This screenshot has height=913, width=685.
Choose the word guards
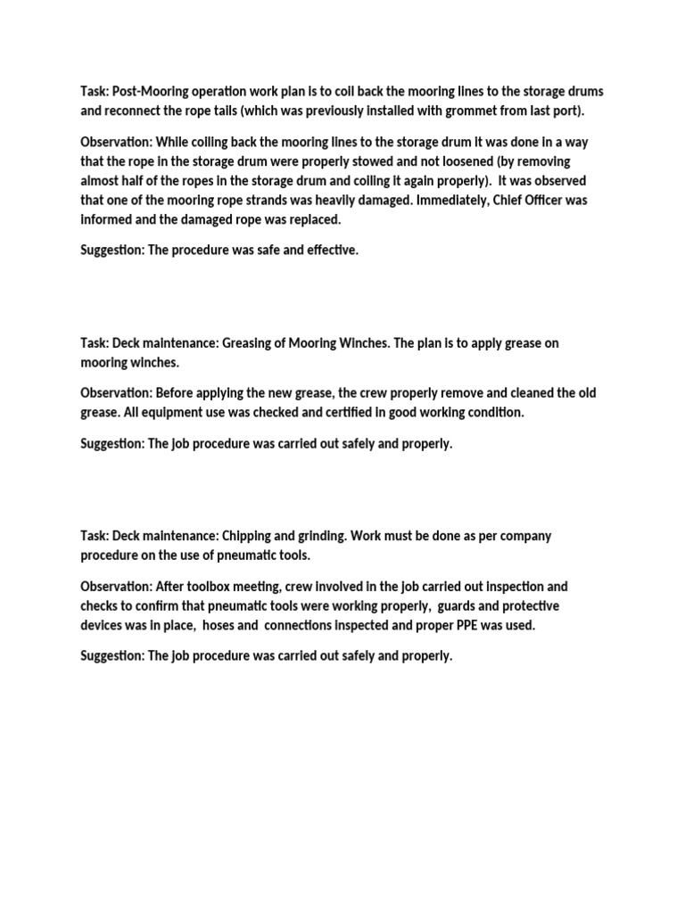point(462,605)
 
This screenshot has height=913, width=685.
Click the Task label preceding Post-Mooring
point(95,92)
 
